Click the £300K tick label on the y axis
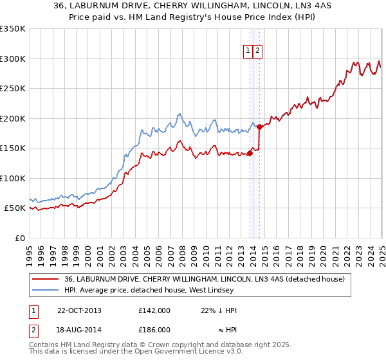(13, 59)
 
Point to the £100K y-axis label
(13, 178)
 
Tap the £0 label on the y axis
(20, 238)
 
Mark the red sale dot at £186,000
(259, 127)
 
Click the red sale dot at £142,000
(250, 153)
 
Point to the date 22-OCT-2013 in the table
(79, 310)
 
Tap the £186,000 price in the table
(154, 329)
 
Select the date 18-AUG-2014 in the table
(79, 329)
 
